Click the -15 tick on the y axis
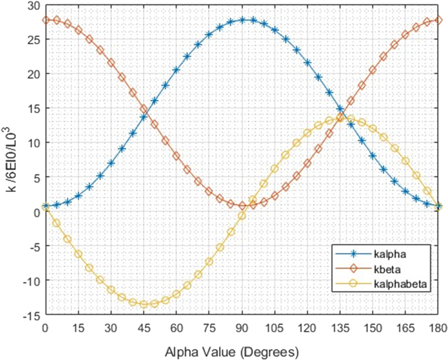(32, 315)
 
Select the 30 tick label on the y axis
(34, 5)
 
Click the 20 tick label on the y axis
(34, 74)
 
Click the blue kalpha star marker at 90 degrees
(242, 20)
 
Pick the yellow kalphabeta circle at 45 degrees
(144, 304)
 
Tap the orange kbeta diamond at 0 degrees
(46, 20)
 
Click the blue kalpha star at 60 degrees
(176, 70)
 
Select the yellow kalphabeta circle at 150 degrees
(373, 129)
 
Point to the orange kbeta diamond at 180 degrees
(438, 20)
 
